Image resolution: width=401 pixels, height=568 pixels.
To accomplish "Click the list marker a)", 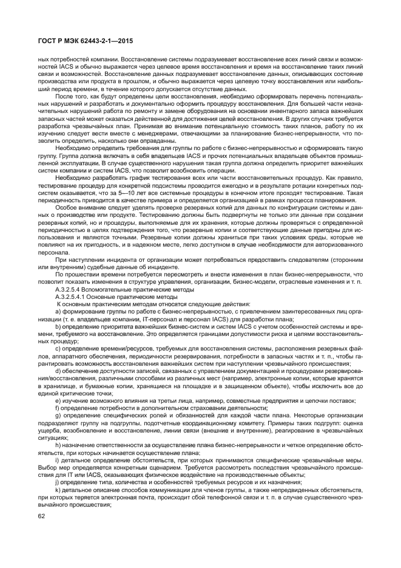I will (58, 312).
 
